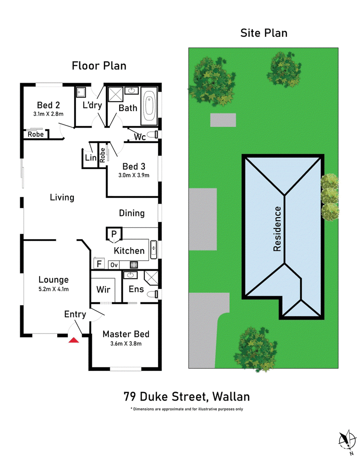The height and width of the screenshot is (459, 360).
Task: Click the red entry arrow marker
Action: (74, 340)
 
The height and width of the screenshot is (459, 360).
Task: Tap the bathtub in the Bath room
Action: (149, 107)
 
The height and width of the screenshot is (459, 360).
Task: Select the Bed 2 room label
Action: (48, 105)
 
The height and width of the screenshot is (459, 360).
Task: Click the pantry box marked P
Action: (114, 234)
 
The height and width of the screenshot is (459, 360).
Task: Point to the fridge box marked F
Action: (99, 264)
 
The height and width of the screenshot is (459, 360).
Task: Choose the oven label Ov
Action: (114, 265)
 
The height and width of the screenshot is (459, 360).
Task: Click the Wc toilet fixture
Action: (152, 135)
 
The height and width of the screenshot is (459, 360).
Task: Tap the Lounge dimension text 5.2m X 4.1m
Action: (54, 289)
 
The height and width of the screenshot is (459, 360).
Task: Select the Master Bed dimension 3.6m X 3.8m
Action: (126, 343)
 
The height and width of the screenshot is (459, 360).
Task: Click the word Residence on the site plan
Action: (277, 229)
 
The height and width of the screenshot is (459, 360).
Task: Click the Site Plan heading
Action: (264, 33)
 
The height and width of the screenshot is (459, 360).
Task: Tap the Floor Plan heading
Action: (99, 66)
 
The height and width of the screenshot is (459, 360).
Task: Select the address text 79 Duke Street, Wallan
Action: (187, 397)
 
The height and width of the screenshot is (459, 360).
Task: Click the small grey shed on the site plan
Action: (223, 120)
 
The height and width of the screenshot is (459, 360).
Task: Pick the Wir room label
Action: (103, 290)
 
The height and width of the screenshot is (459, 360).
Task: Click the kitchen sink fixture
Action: (153, 250)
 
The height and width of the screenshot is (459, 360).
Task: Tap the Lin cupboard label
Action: (91, 158)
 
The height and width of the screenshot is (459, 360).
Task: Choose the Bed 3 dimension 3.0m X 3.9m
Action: (134, 175)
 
